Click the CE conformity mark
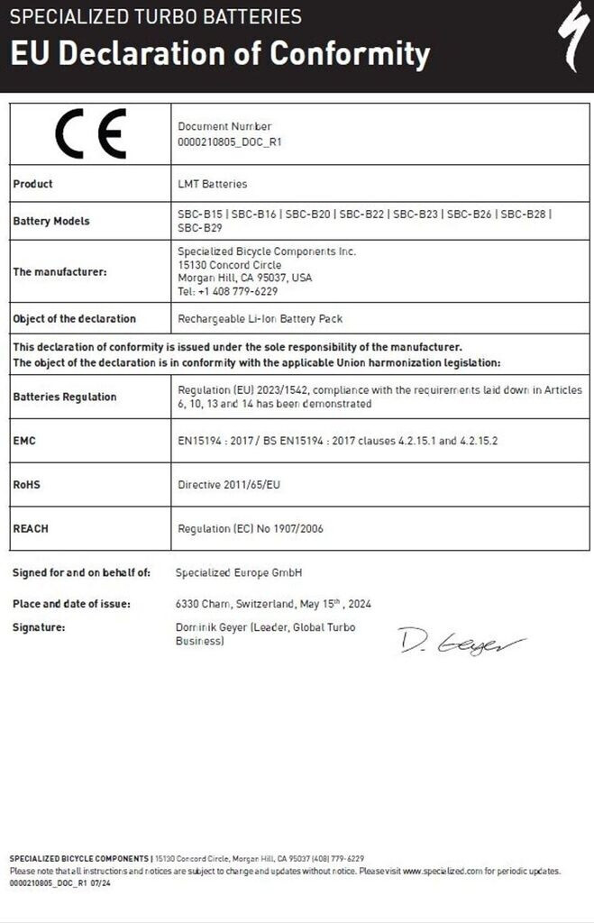90,133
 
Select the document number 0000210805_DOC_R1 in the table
231,142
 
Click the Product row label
32,184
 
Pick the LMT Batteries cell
213,184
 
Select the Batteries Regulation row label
65,397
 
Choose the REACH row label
31,529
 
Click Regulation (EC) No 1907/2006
251,529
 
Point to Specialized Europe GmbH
239,572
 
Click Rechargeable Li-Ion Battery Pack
260,318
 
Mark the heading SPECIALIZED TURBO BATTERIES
156,17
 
